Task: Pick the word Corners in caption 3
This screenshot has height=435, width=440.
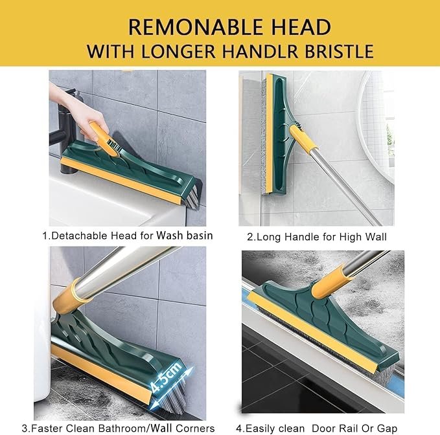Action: (x=193, y=428)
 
